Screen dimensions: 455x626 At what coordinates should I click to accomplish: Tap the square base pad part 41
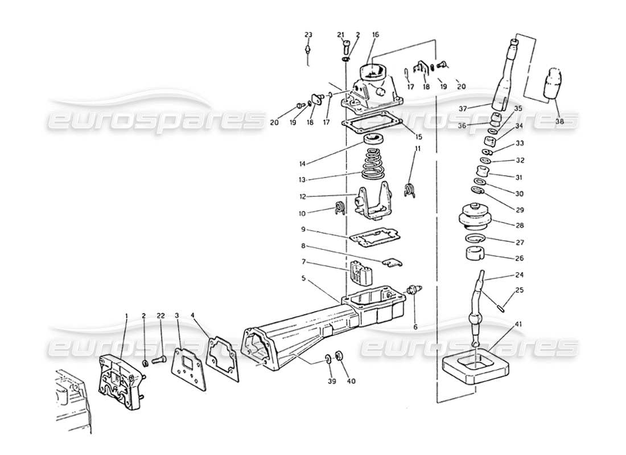[x=473, y=367]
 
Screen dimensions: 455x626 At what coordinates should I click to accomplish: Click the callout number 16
[x=376, y=35]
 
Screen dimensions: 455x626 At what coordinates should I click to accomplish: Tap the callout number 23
[x=308, y=35]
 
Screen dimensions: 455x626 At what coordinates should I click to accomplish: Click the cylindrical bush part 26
[x=475, y=252]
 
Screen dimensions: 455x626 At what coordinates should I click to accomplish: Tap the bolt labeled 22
[x=160, y=358]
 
